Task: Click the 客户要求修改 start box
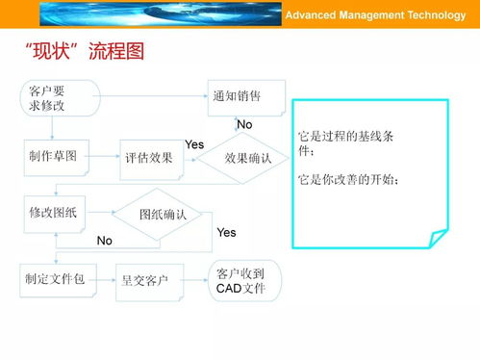coord(59,98)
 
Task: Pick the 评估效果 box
coord(148,158)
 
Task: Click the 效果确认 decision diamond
coord(247,158)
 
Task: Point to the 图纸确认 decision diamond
coord(163,215)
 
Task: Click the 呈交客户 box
coord(145,280)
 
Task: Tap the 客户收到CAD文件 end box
coord(243,280)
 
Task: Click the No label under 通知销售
coord(244,125)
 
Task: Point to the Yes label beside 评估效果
coord(193,144)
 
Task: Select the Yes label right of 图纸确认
coord(226,233)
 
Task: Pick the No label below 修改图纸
coord(105,241)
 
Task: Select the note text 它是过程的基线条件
coord(345,143)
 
